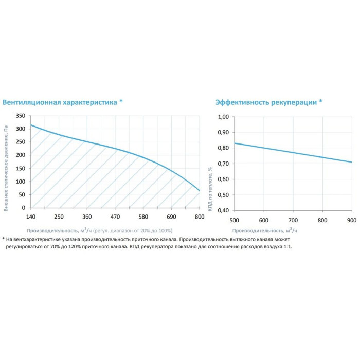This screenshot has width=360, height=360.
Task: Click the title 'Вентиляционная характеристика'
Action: coord(60,102)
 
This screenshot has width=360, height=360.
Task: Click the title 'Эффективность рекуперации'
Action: coord(266,102)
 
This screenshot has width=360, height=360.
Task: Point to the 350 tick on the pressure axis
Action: coord(20,116)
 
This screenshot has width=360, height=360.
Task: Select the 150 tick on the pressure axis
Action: coord(20,168)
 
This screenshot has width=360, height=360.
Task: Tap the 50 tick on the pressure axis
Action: coord(22,195)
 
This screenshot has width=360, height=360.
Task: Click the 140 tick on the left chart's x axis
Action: coord(30,217)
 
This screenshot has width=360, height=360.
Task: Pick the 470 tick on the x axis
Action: coord(115,217)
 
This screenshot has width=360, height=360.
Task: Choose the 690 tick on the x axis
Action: coord(171,217)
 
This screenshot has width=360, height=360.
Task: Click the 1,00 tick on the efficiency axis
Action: coord(223,117)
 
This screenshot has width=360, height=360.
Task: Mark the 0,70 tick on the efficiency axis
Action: coord(223,164)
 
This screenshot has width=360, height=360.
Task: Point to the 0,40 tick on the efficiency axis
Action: coord(223,210)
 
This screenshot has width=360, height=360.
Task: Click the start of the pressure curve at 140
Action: coord(31,125)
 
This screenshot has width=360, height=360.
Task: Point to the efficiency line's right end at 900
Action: coord(352,162)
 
